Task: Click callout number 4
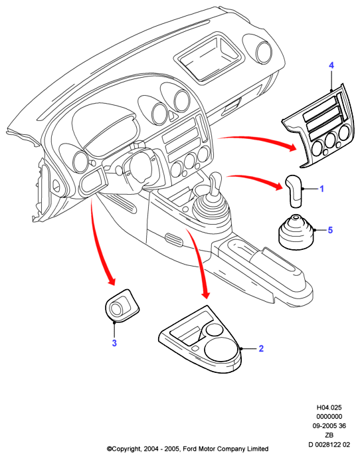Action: point(331,65)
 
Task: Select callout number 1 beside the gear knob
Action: point(321,189)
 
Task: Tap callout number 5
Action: point(330,230)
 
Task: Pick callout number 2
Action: point(261,348)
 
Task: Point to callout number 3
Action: point(114,343)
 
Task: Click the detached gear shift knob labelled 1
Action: point(294,191)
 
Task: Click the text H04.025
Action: point(329,407)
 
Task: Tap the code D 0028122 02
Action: point(329,445)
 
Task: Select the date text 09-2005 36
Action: point(329,426)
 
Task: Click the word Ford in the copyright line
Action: point(190,449)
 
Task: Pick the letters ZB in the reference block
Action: point(329,435)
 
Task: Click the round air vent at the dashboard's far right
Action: point(264,52)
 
